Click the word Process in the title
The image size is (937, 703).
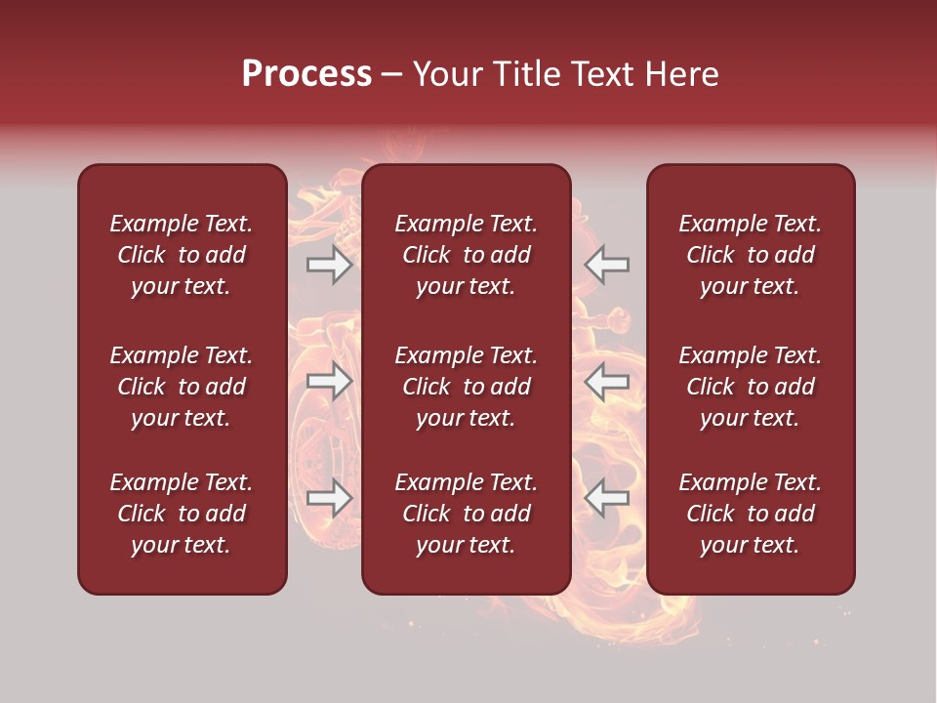coord(306,74)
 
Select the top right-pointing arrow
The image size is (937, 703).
coord(330,265)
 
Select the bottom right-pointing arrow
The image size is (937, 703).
coord(330,498)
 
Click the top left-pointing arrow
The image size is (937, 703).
coord(606,265)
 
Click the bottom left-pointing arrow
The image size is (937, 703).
coord(606,498)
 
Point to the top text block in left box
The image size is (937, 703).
coord(182,255)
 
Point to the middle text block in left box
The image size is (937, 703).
coord(182,387)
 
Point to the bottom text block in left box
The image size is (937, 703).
coord(182,514)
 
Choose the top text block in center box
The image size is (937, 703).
coord(466,255)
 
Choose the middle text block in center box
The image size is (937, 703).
coord(466,387)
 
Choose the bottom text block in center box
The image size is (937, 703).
coord(466,514)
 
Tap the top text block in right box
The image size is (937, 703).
coord(750,255)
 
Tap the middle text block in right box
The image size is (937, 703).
coord(750,387)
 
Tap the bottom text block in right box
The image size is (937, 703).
coord(750,514)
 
